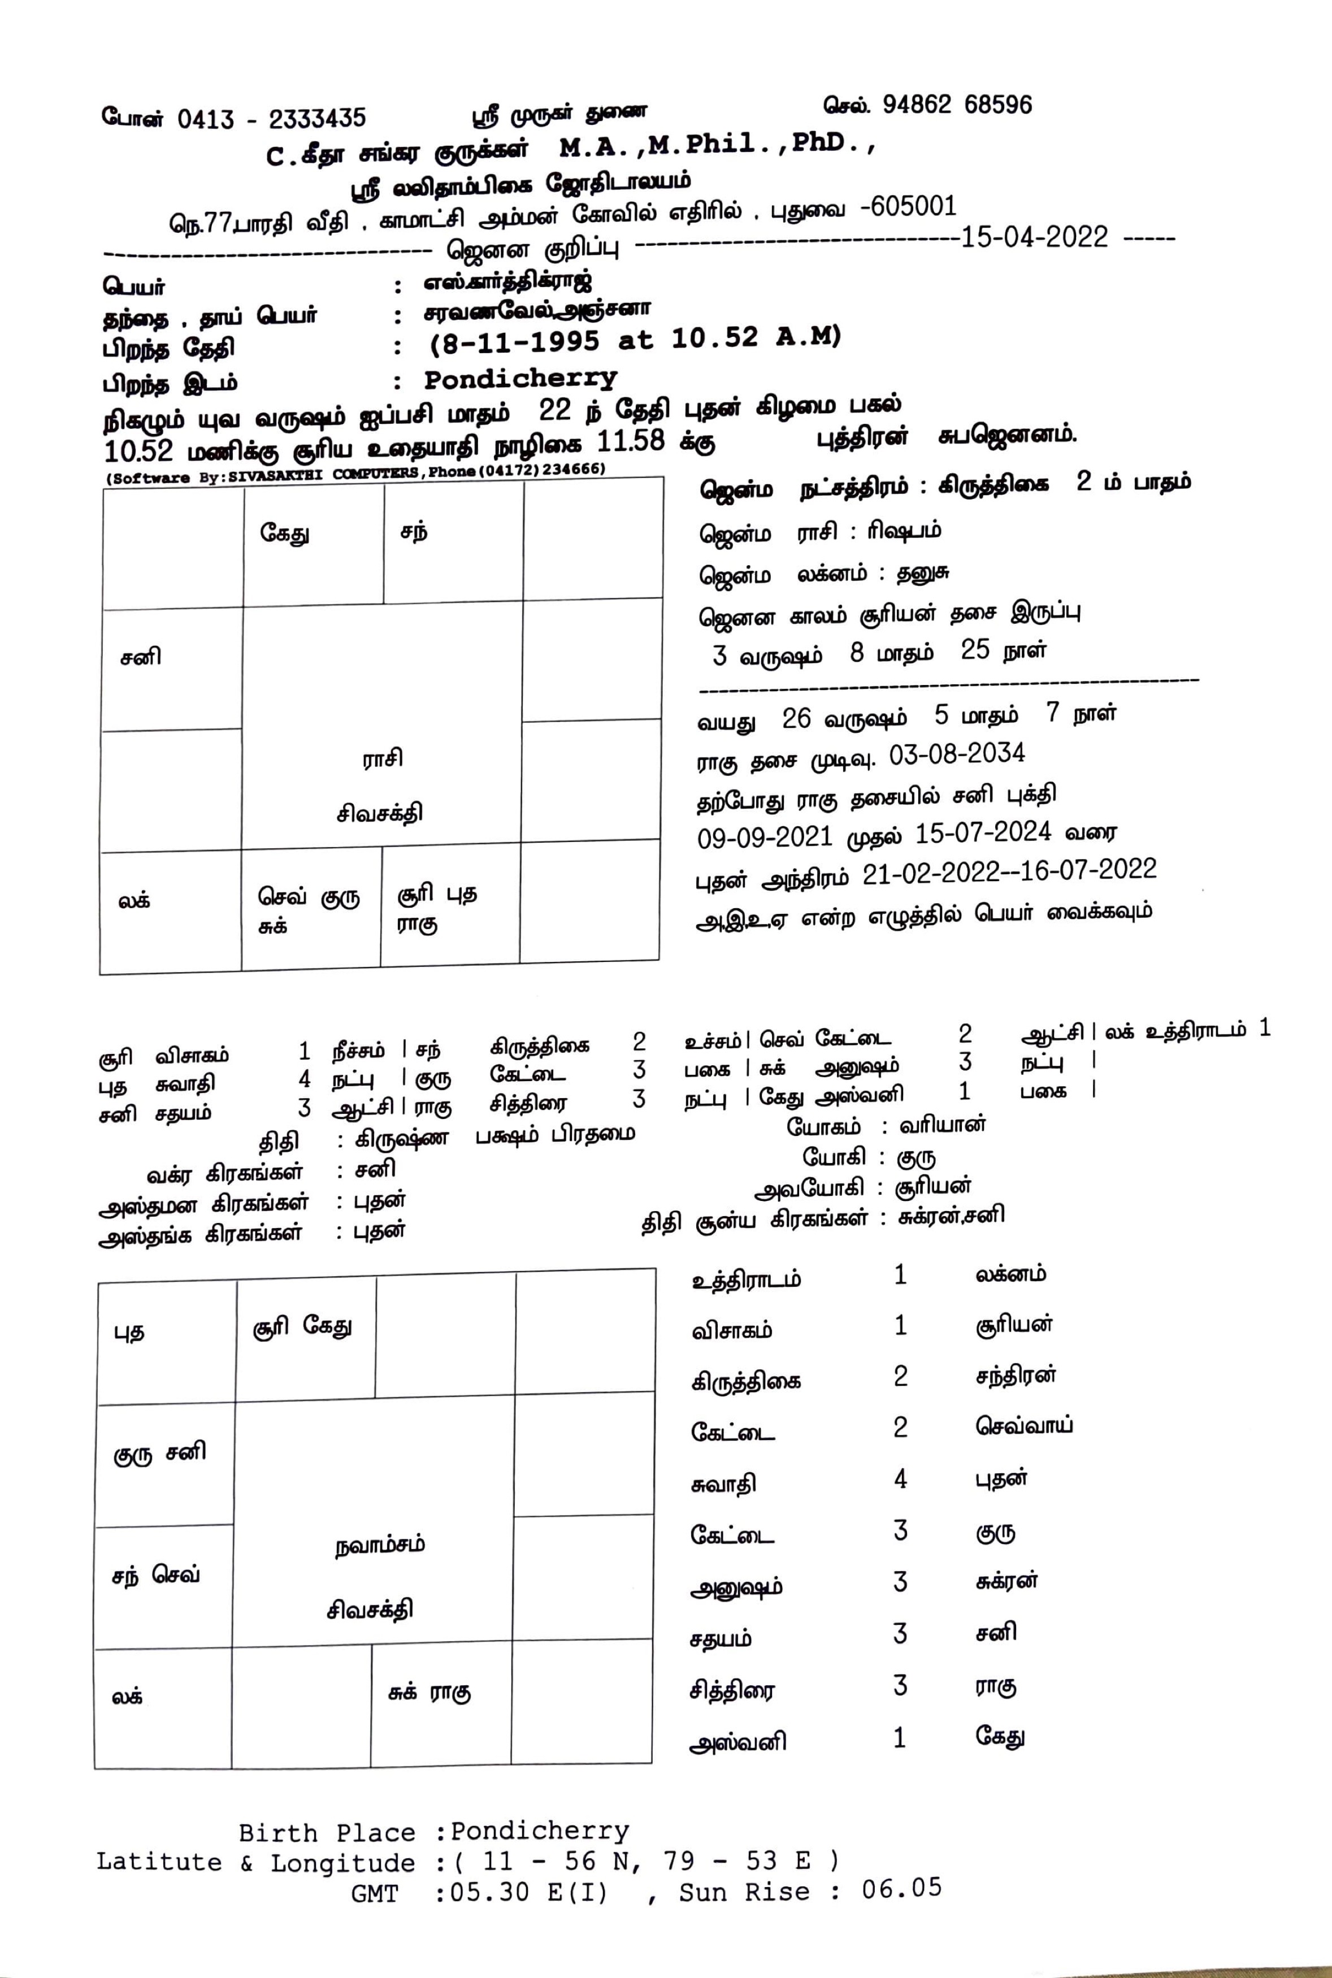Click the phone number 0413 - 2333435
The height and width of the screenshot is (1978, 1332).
click(272, 119)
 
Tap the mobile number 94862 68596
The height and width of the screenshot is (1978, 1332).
click(957, 105)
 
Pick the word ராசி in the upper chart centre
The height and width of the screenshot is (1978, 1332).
click(382, 758)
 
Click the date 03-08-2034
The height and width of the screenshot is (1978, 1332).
click(957, 754)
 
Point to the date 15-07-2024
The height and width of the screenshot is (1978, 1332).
click(982, 832)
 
